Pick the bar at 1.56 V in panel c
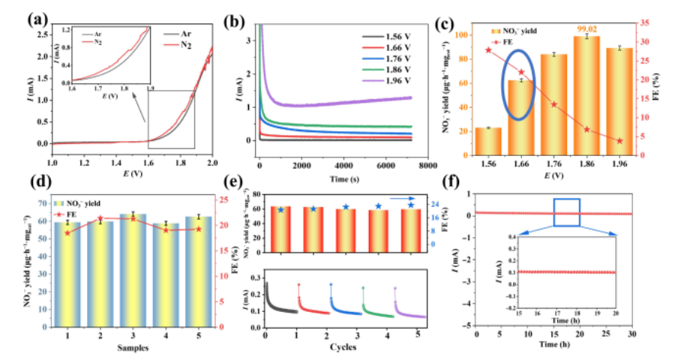pos(487,142)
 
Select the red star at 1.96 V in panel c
pos(619,141)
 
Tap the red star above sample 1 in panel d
pos(68,232)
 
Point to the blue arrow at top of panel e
pos(409,192)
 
